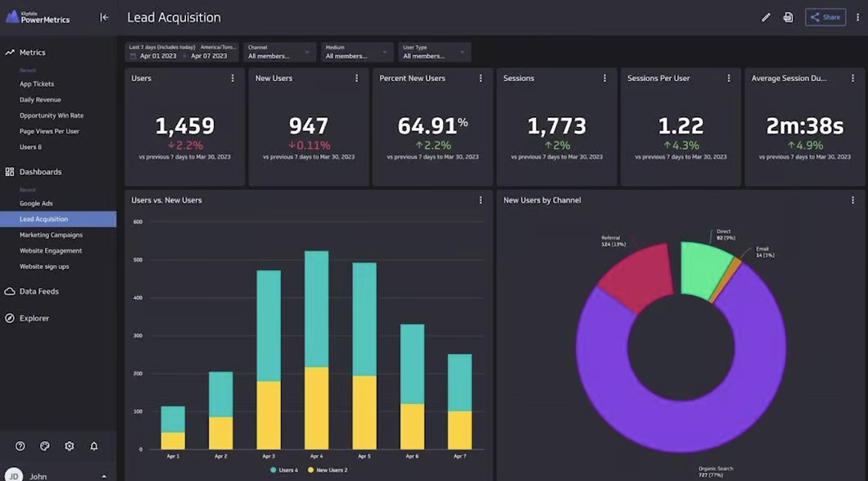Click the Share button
[x=825, y=17]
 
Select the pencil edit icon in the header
[x=766, y=17]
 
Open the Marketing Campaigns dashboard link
[x=51, y=235]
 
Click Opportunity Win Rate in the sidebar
[x=52, y=116]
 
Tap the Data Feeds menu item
[x=38, y=292]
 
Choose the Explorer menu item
[x=34, y=319]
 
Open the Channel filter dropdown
[x=279, y=52]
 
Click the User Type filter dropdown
[x=435, y=52]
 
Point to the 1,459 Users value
[x=184, y=126]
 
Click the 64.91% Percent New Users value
[x=432, y=126]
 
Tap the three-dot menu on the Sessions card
[x=604, y=79]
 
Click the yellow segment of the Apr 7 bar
[x=459, y=429]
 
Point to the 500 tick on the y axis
[x=138, y=260]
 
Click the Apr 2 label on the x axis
[x=220, y=456]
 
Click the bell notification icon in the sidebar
[x=94, y=446]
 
